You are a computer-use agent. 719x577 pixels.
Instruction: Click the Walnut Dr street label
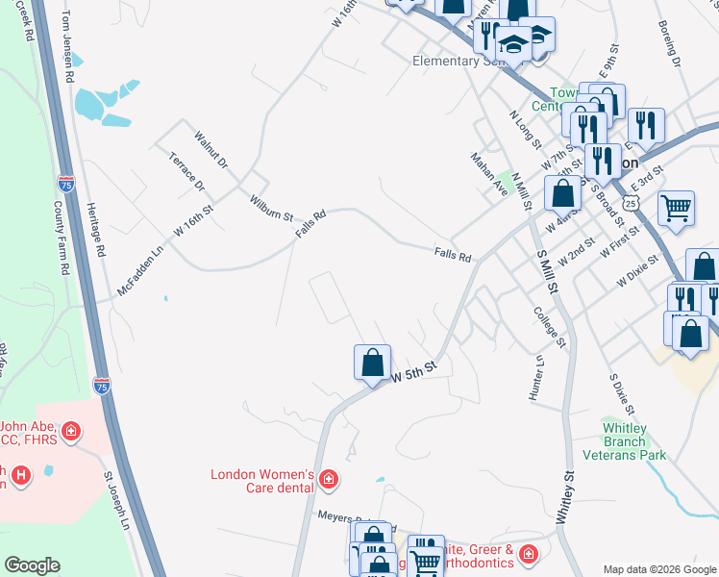pyautogui.click(x=211, y=150)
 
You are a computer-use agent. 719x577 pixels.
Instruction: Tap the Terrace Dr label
pyautogui.click(x=186, y=170)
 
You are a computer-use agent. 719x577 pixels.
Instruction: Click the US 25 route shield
pyautogui.click(x=630, y=203)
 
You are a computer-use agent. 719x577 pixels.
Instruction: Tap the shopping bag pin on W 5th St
pyautogui.click(x=372, y=364)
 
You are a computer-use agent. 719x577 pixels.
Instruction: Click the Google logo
pyautogui.click(x=32, y=565)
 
